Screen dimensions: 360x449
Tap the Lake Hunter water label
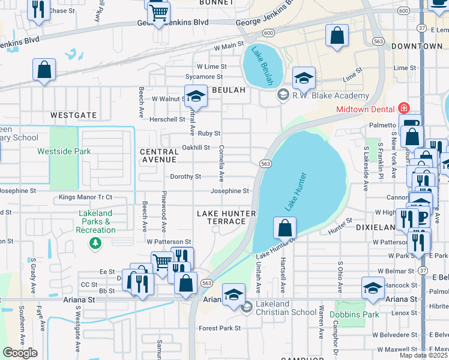[x=298, y=191]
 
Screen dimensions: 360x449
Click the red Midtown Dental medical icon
[x=404, y=109]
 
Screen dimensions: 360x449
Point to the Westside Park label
[x=64, y=152]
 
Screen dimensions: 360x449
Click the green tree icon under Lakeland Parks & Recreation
[x=95, y=242]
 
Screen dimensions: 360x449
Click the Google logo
[x=20, y=352]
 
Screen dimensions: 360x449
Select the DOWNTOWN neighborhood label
[x=416, y=46]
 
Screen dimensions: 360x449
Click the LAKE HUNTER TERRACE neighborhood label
[x=227, y=217]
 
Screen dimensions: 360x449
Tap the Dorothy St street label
[x=185, y=177]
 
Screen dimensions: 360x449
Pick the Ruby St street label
[x=209, y=134]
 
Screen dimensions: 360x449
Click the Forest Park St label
[x=220, y=328]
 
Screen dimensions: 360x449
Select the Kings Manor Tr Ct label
[x=85, y=197]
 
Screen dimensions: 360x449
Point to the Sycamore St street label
[x=204, y=77]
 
